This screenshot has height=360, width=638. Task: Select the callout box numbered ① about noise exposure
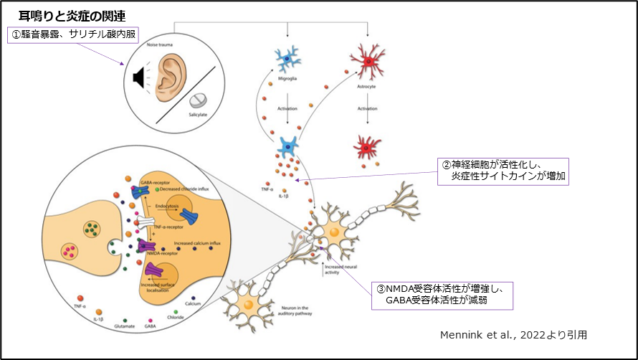(x=72, y=34)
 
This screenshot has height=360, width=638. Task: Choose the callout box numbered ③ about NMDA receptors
(x=443, y=294)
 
